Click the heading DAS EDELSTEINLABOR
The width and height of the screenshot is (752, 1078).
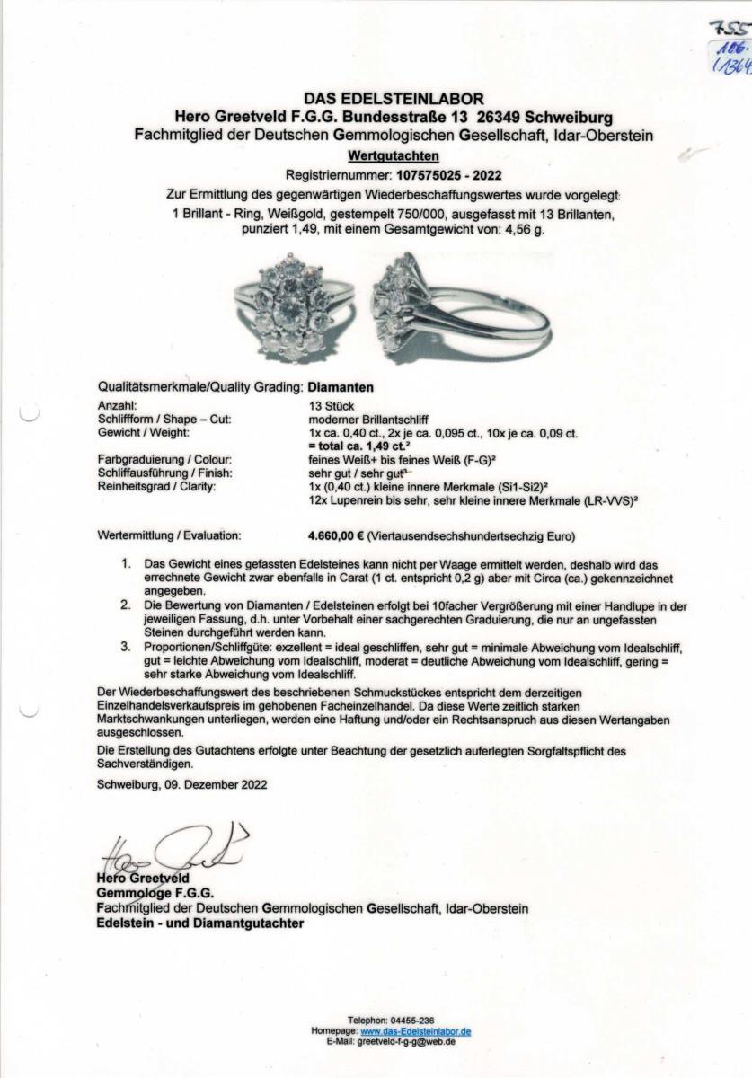point(381,100)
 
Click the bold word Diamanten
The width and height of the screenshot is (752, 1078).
point(341,388)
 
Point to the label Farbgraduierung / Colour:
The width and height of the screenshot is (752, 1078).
point(151,459)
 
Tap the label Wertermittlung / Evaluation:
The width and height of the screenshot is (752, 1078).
point(169,535)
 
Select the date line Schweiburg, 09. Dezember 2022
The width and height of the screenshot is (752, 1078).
point(181,783)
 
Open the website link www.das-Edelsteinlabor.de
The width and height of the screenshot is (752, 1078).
point(416,1032)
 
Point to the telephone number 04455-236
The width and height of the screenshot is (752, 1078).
point(412,1021)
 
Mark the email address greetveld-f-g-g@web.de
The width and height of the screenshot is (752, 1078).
point(406,1042)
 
